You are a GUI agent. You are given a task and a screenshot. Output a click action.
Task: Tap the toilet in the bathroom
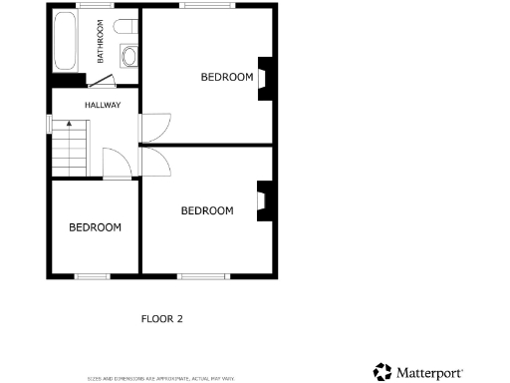point(126,27)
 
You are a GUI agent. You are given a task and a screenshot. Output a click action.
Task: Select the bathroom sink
point(128,54)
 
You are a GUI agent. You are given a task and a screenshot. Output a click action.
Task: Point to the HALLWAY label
point(103,105)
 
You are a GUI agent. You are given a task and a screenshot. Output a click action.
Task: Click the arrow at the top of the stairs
point(69,124)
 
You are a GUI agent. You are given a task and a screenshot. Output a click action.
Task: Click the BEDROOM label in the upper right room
point(227,77)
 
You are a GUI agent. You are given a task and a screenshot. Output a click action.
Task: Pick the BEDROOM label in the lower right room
point(207,210)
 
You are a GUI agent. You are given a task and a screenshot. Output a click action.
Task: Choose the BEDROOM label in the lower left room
point(95,227)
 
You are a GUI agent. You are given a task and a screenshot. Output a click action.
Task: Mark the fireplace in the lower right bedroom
point(263,199)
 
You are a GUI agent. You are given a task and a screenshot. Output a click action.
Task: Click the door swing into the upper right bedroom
point(152,126)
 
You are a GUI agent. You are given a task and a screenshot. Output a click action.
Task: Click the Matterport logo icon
point(382,372)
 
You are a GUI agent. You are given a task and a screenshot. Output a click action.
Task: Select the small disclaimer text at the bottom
point(160,378)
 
